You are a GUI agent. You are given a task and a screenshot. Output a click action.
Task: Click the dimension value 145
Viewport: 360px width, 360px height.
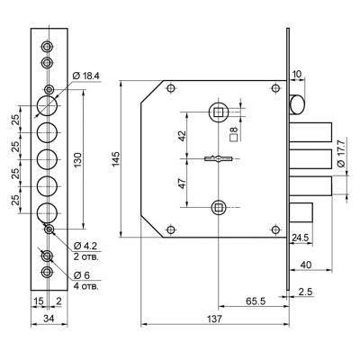pyautogui.click(x=116, y=159)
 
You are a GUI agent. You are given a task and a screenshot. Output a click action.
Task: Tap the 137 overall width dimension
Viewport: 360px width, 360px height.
pyautogui.click(x=215, y=319)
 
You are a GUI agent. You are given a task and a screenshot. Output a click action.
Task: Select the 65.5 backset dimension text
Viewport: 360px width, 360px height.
pyautogui.click(x=256, y=301)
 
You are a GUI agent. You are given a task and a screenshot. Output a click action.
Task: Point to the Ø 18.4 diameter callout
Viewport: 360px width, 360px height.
pyautogui.click(x=86, y=76)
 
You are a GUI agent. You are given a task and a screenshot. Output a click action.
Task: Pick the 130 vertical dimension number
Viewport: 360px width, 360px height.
pyautogui.click(x=77, y=160)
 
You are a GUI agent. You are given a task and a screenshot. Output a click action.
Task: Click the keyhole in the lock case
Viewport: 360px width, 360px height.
pyautogui.click(x=219, y=158)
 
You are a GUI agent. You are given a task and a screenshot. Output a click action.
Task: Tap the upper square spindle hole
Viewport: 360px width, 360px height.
pyautogui.click(x=219, y=112)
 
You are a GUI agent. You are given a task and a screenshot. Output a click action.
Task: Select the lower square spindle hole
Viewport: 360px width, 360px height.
pyautogui.click(x=219, y=207)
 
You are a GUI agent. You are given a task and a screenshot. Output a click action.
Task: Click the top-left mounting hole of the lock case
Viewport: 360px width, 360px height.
pyautogui.click(x=171, y=88)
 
